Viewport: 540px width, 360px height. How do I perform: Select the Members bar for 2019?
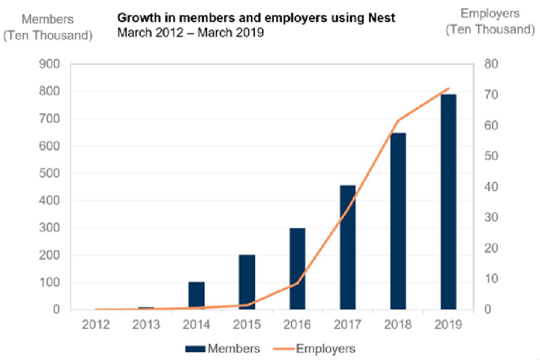tap(448, 202)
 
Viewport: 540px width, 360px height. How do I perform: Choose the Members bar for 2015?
tap(247, 282)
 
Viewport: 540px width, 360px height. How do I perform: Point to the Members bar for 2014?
tap(196, 296)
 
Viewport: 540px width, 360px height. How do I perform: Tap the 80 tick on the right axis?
tap(490, 64)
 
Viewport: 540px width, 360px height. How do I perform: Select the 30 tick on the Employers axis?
tap(490, 217)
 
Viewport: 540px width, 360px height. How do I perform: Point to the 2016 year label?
tap(298, 325)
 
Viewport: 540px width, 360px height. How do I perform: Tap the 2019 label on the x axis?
tap(448, 325)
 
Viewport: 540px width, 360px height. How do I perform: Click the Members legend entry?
tap(225, 349)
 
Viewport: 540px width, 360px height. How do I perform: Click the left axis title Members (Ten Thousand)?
tap(48, 27)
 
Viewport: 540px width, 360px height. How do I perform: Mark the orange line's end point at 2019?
tap(448, 88)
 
